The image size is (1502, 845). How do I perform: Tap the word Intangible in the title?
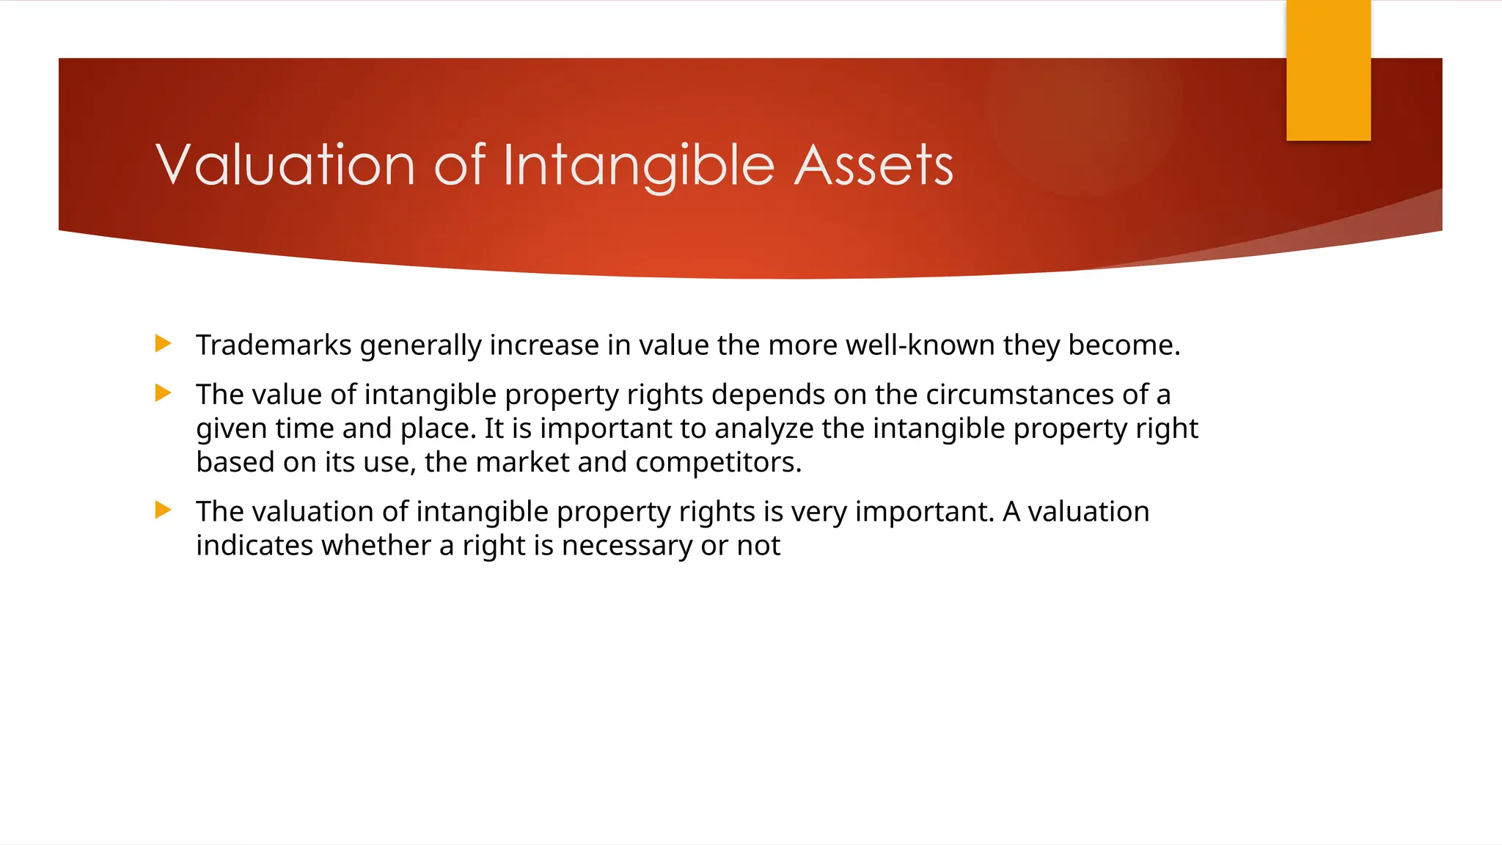coord(638,164)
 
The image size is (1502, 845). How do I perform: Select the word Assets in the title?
coord(873,164)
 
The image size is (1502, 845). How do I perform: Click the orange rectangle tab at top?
coord(1328,70)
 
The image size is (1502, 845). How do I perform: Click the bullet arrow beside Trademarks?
coord(164,343)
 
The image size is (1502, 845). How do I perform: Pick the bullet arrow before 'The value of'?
coord(164,393)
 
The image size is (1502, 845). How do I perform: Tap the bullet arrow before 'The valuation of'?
coord(164,510)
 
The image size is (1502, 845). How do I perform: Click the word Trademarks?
coord(274,345)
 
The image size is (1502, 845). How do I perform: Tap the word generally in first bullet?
coord(420,345)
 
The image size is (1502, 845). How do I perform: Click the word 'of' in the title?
coord(460,164)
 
